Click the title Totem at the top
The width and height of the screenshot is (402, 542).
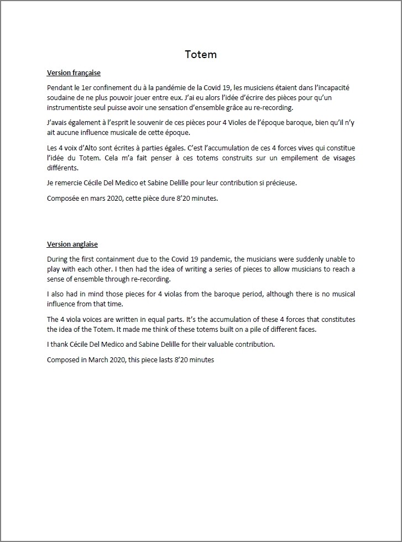pyautogui.click(x=200, y=54)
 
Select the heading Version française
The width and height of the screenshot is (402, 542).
pyautogui.click(x=74, y=72)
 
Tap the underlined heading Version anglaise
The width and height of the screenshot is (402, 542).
pyautogui.click(x=72, y=244)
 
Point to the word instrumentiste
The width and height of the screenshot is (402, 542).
pyautogui.click(x=71, y=108)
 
